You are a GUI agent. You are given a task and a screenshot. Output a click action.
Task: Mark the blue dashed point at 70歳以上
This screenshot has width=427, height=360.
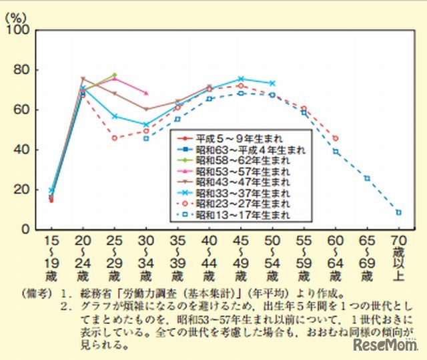tap(399, 212)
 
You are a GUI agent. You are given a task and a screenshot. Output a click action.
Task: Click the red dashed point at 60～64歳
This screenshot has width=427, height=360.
tap(336, 138)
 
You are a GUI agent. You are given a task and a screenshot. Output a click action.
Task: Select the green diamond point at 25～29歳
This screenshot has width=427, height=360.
tap(114, 75)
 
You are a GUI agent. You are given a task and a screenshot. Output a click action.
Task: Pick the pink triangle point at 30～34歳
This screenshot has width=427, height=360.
tap(145, 93)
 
